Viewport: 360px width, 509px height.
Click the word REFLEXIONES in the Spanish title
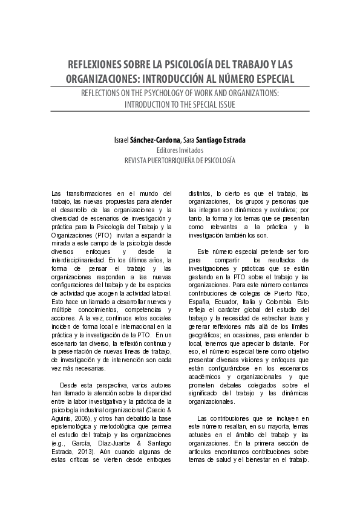98,64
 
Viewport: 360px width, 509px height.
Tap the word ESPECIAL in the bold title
270,79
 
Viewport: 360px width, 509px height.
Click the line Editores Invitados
180,150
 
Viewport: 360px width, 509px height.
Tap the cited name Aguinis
64,417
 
